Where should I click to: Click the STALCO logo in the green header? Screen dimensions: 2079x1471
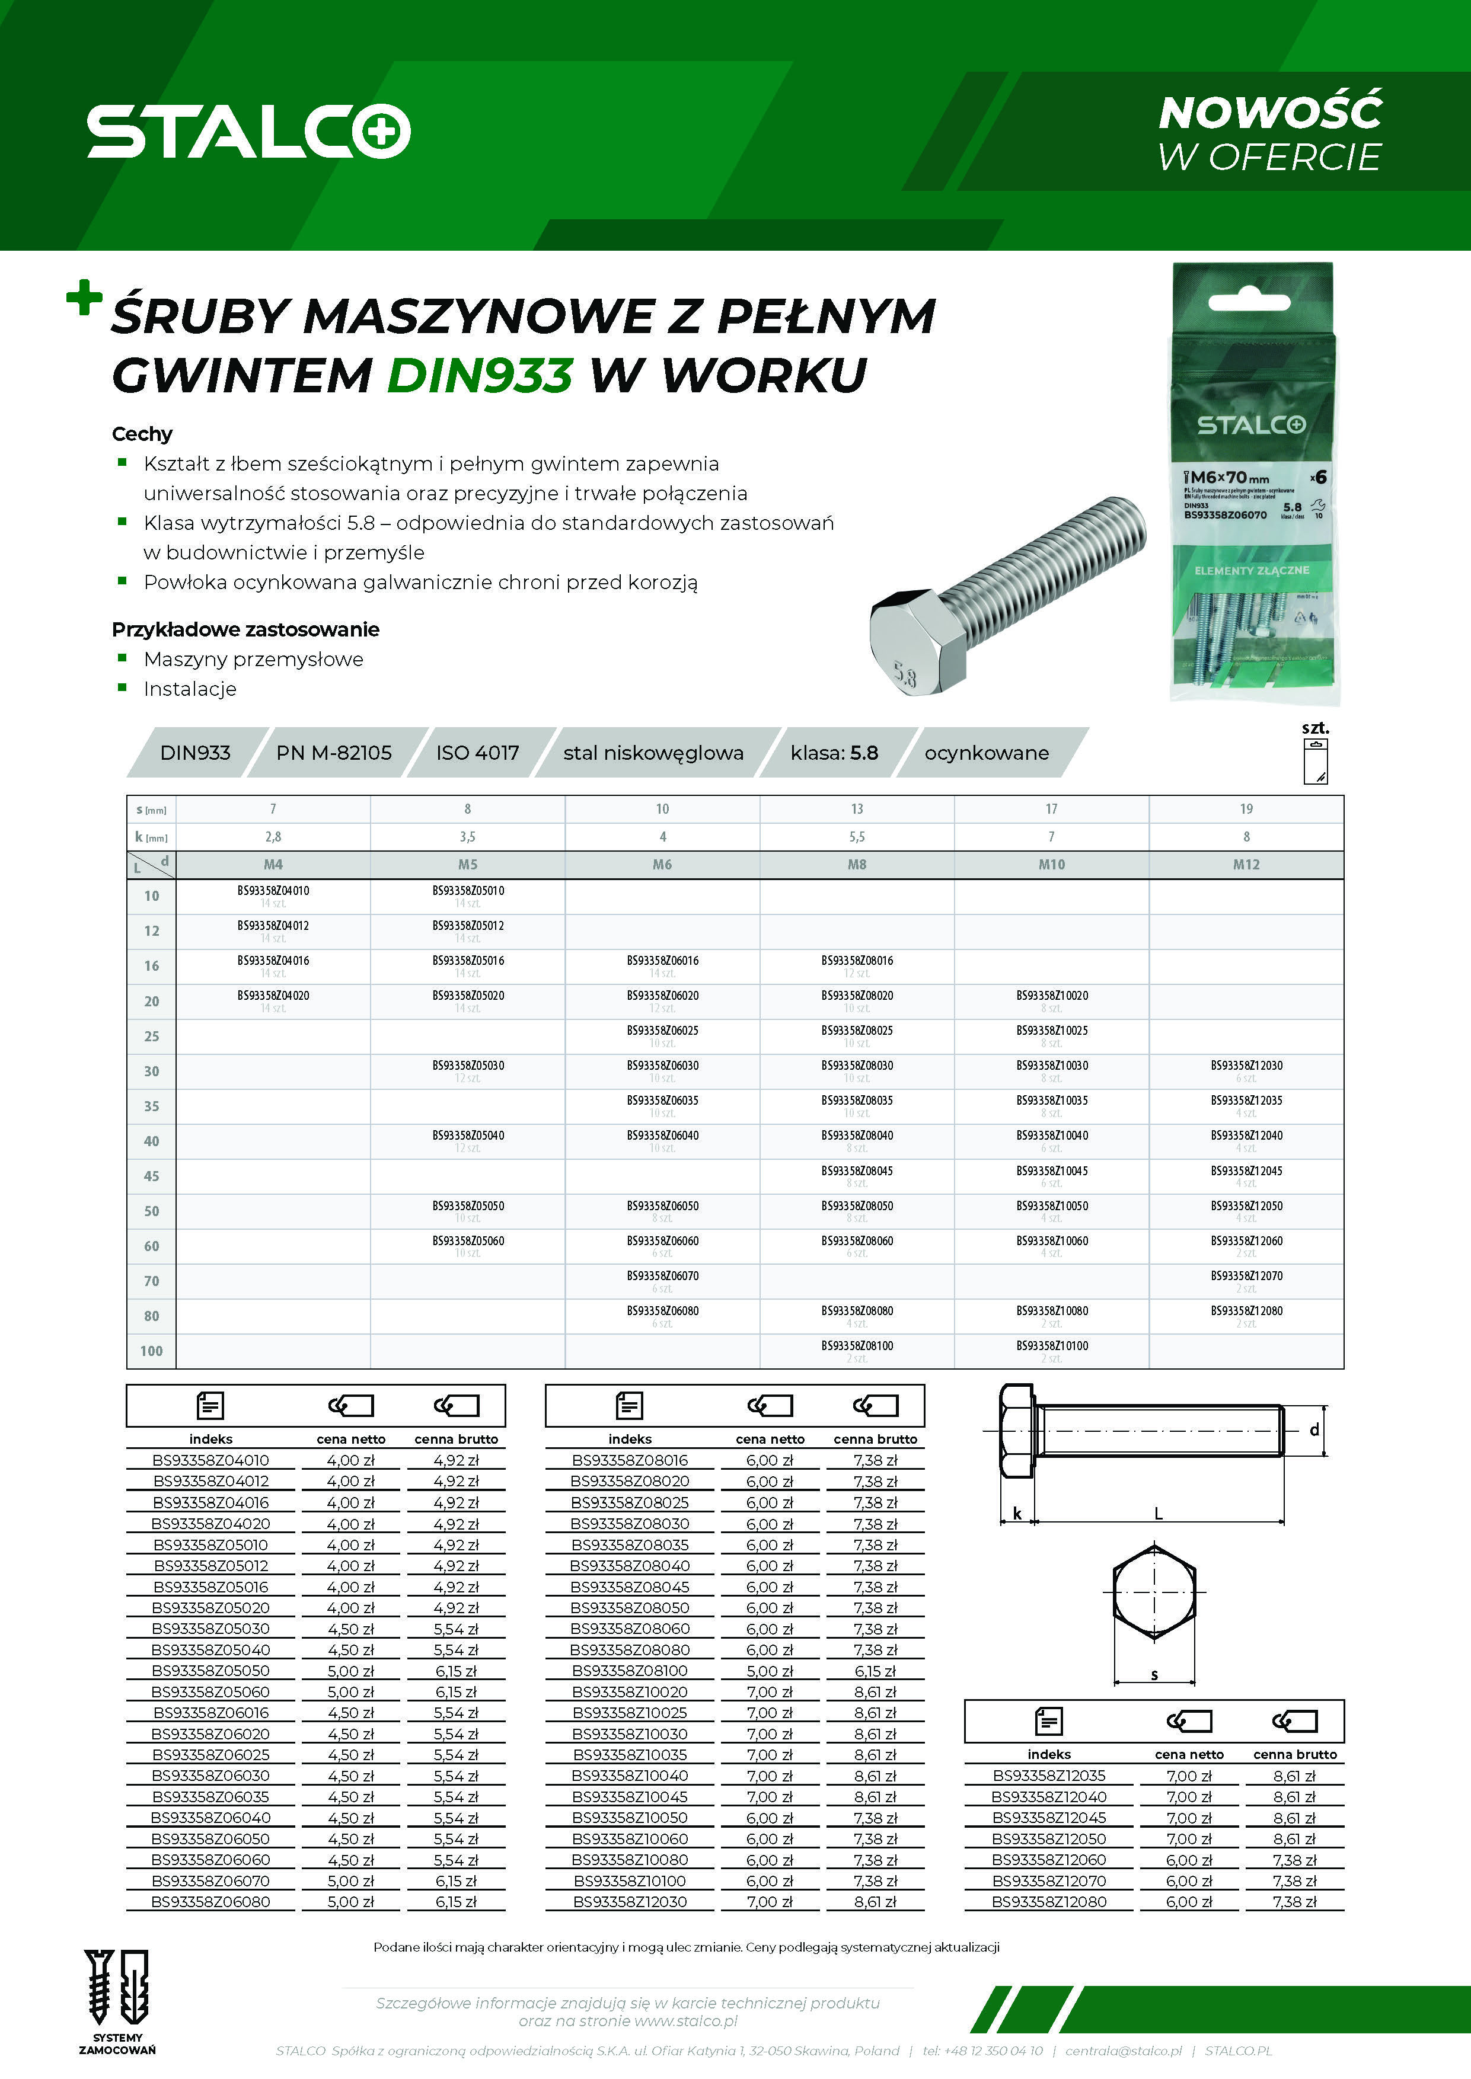tap(248, 132)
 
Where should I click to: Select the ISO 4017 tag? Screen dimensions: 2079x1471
tap(477, 753)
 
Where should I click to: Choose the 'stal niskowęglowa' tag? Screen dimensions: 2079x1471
tap(653, 753)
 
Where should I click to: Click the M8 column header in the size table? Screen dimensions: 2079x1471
tap(857, 865)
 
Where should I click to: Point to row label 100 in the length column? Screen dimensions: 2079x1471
tap(151, 1351)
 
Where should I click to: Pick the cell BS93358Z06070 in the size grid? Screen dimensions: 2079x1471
tap(662, 1276)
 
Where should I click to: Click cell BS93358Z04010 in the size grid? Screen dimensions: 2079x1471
tap(273, 891)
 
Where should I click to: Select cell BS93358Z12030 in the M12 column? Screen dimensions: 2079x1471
tap(1246, 1066)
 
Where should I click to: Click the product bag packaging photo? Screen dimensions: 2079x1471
tap(1253, 484)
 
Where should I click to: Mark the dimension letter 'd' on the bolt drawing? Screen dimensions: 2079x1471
tap(1314, 1431)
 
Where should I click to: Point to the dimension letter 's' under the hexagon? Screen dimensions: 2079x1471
tap(1154, 1675)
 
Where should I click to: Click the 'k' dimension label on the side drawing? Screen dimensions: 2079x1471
tap(1017, 1513)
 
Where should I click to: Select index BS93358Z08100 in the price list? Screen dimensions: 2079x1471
tap(630, 1671)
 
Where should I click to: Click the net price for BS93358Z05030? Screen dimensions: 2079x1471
tap(350, 1628)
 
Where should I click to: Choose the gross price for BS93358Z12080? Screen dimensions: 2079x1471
tap(1294, 1902)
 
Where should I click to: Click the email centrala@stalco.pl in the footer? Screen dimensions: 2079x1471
tap(1123, 2051)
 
